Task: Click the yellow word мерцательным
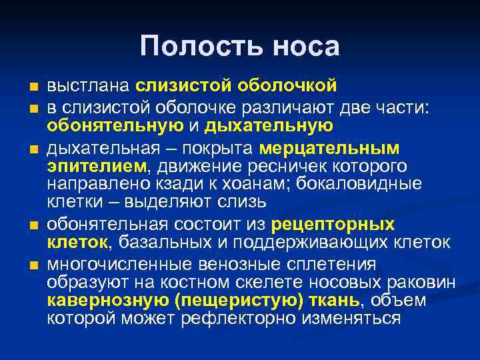coord(329,147)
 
